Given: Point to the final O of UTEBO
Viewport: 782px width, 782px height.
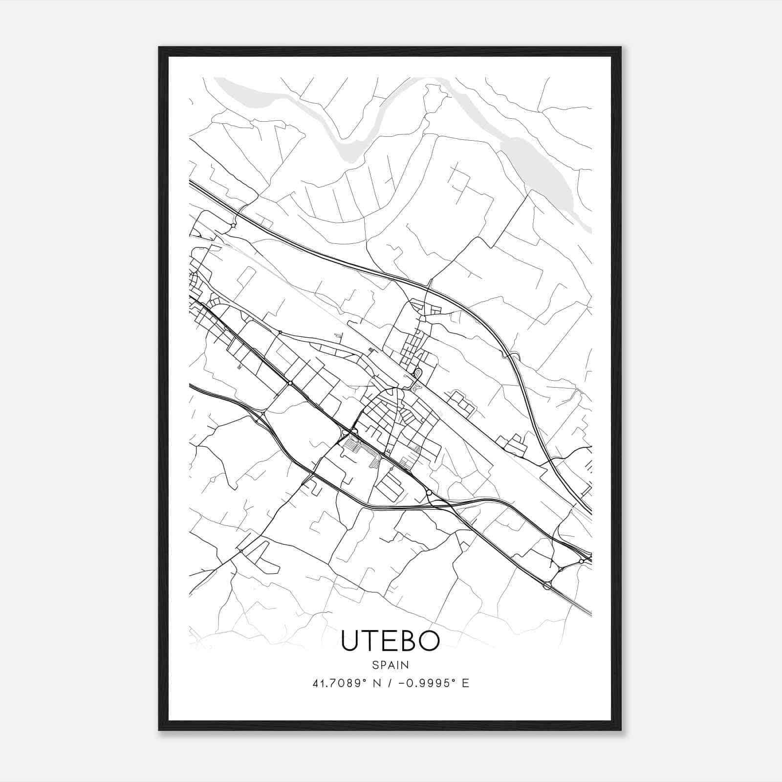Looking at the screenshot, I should tap(429, 641).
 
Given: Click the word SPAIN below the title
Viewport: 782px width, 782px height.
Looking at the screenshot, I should tap(391, 665).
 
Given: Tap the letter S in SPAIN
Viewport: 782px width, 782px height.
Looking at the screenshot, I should tap(375, 665).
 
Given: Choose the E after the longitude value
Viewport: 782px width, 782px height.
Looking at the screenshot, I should tap(466, 683).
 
